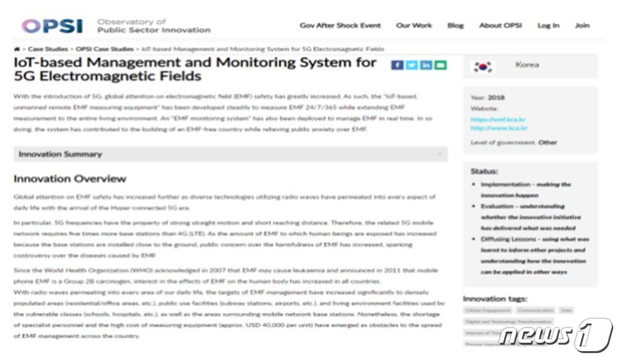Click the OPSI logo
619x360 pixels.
point(52,26)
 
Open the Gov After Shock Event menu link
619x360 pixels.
point(340,26)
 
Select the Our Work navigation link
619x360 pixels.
point(414,26)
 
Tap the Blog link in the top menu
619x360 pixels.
point(455,26)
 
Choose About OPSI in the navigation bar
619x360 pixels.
point(500,26)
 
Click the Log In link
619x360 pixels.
point(548,26)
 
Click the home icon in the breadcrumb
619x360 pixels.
point(16,48)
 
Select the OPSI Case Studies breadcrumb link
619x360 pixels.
point(105,48)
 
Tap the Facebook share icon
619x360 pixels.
point(397,65)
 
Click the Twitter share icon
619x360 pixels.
point(411,65)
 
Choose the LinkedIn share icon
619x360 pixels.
point(426,65)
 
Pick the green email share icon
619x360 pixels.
point(440,65)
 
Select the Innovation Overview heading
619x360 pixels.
point(70,179)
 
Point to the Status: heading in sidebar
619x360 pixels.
point(484,171)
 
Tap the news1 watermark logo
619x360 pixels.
point(555,336)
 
